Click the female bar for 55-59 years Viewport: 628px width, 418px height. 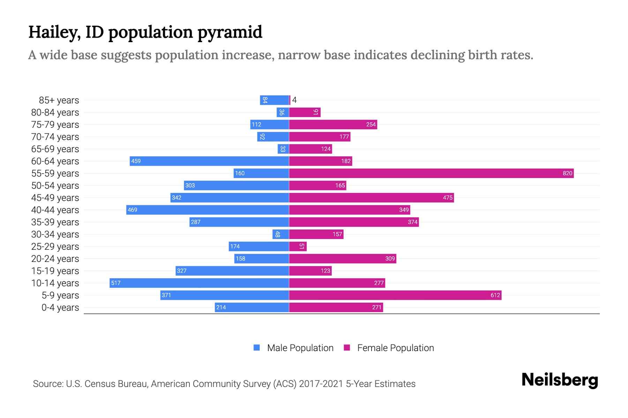coord(431,173)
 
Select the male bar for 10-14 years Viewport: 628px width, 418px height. coord(199,283)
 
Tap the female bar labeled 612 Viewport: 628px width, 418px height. coord(395,295)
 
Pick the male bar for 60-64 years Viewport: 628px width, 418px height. coord(209,161)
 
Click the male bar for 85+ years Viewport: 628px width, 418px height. coord(275,100)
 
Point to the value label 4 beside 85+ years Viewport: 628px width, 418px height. coord(294,100)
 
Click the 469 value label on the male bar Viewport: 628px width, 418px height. coord(133,210)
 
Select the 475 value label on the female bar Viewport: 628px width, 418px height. coord(448,198)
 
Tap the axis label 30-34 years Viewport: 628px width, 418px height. coord(55,234)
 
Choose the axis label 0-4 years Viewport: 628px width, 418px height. coord(60,308)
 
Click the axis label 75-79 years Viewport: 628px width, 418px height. coord(55,125)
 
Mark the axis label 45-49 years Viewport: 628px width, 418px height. coord(55,198)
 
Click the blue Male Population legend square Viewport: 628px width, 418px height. coord(257,348)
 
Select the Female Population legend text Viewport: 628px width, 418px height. coord(395,348)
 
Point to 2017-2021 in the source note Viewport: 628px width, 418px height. coord(321,384)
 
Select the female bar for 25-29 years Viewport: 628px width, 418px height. coord(298,246)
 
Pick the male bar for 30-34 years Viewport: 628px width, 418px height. coord(281,234)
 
